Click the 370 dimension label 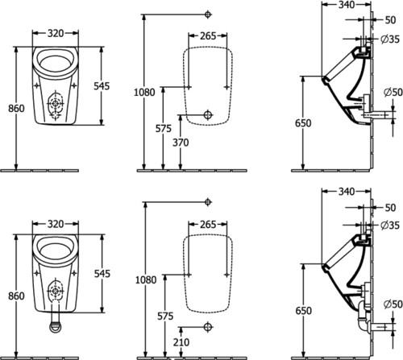(x=181, y=143)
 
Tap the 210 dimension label (x=181, y=342)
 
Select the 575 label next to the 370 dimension (x=164, y=129)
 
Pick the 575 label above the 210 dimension (x=165, y=317)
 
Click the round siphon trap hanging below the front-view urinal (x=56, y=325)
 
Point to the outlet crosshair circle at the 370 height (x=208, y=115)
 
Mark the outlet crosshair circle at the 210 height (x=208, y=327)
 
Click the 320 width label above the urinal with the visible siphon (x=56, y=224)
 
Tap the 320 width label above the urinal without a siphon (x=56, y=33)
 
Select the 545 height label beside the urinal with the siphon (x=102, y=274)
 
